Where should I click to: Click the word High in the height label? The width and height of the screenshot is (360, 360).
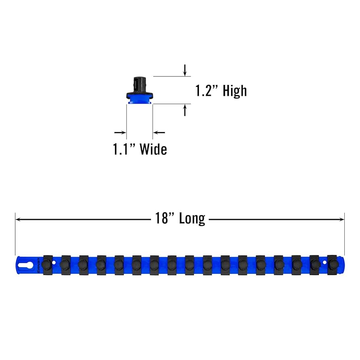[235, 91]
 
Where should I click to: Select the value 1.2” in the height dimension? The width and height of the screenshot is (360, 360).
[208, 91]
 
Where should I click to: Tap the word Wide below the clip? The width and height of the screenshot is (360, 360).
[153, 150]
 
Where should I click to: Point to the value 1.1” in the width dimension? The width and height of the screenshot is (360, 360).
[124, 150]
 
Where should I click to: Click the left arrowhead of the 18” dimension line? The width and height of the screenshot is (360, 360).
[18, 219]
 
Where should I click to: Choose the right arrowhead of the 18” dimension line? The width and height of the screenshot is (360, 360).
[342, 219]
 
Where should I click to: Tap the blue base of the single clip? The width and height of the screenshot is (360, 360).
[139, 102]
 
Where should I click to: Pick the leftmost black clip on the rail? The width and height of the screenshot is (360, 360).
[47, 265]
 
